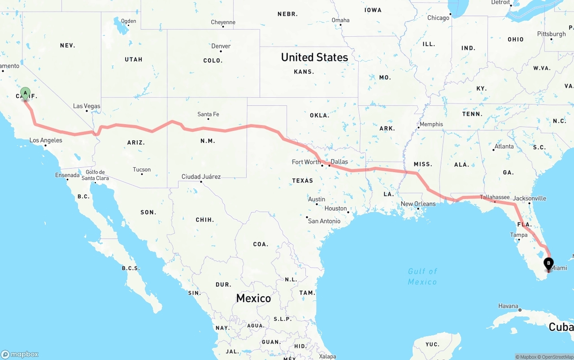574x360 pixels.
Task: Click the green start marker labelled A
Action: coord(26,93)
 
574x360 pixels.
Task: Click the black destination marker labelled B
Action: coord(548,264)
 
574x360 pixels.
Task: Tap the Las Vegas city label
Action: coord(87,106)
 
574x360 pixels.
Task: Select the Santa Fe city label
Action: coord(208,114)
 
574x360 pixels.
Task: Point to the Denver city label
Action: coord(221,46)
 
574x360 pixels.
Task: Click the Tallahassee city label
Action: coord(495,197)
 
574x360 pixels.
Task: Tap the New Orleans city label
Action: coord(418,204)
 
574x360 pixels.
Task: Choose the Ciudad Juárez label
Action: coord(201,177)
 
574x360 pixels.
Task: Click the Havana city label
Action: coord(508,306)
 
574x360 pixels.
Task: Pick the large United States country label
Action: coord(314,57)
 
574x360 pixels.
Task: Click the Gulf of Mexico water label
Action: coord(422,276)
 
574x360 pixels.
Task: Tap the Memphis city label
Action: coord(431,124)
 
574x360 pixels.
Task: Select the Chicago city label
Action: coord(438,18)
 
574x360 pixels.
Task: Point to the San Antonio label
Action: coord(324,221)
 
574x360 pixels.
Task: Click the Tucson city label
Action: coord(142,169)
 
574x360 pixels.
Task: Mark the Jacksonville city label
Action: coord(530,198)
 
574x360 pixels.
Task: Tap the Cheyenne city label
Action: coord(223,22)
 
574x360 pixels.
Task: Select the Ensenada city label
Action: coord(67,175)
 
